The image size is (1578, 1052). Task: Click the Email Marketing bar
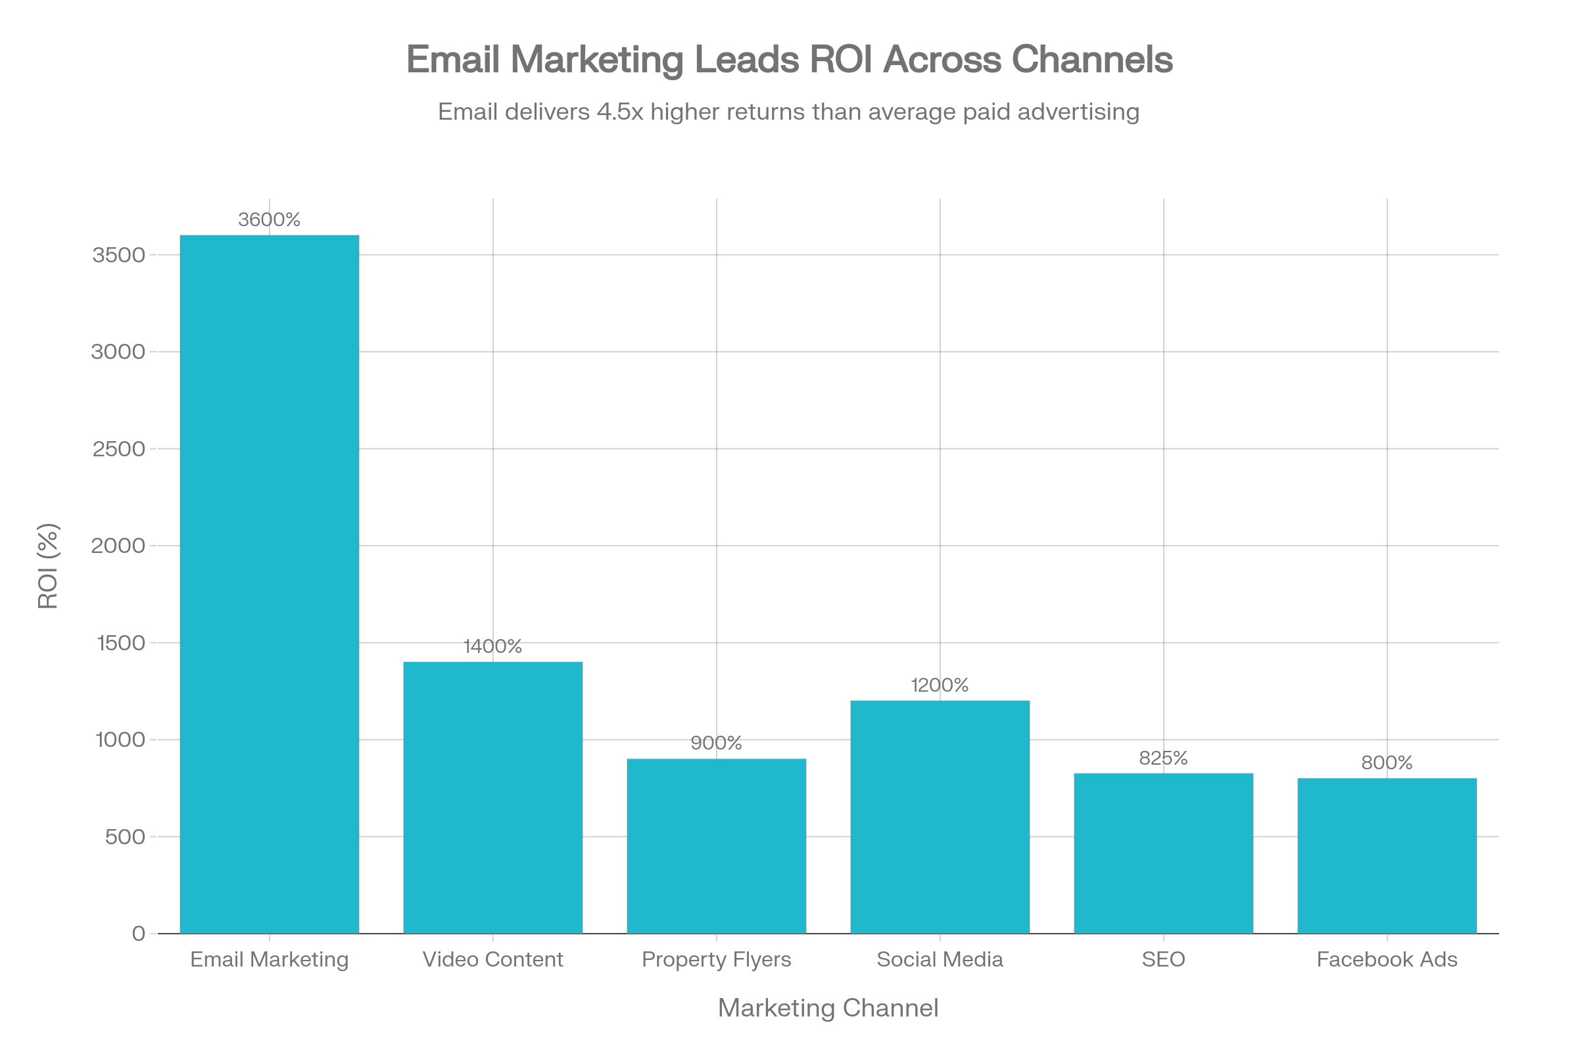tap(269, 584)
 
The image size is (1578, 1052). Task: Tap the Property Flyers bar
tap(716, 846)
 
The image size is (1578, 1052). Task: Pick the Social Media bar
tap(940, 817)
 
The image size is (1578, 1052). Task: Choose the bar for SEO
tap(1162, 853)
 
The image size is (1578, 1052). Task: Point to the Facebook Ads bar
tap(1387, 855)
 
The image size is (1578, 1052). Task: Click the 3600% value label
tap(269, 220)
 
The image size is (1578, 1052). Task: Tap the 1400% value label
tap(492, 646)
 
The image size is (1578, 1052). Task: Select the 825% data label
tap(1162, 758)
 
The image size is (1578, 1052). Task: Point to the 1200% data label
tap(940, 685)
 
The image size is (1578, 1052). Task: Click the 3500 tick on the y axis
tap(119, 255)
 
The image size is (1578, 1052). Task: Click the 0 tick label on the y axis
tap(138, 933)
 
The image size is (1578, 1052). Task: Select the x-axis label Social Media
tap(940, 959)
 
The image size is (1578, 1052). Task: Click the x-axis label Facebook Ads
tap(1387, 959)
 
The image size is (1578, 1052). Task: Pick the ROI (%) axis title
tap(48, 565)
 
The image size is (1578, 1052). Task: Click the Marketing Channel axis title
tap(828, 1008)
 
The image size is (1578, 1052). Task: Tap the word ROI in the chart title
tap(840, 59)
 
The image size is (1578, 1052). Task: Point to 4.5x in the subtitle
tap(619, 111)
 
